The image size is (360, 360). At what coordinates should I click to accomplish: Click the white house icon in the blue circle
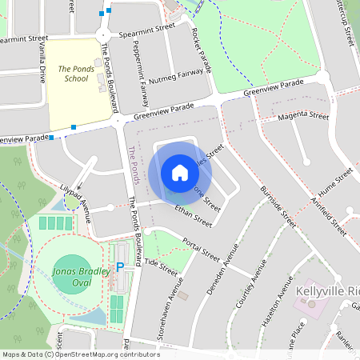pos(180,173)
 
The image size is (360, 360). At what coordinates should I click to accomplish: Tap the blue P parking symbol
pos(121,267)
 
